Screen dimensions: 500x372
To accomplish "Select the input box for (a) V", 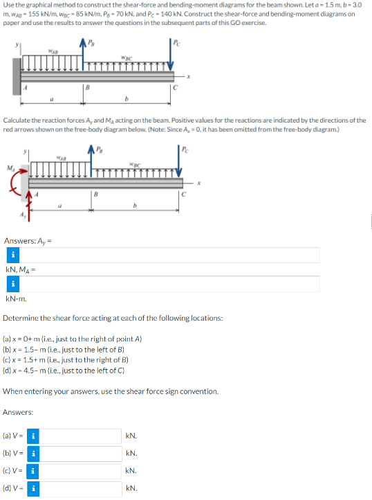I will pyautogui.click(x=82, y=436).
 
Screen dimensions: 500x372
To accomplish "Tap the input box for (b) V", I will pyautogui.click(x=82, y=454).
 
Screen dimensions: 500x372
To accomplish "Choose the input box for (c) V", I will pyautogui.click(x=82, y=471).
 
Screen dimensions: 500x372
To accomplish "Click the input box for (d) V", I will pyautogui.click(x=82, y=488).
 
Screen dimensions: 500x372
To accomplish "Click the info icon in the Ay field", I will pyautogui.click(x=12, y=256).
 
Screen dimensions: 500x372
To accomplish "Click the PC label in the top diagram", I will pyautogui.click(x=180, y=40).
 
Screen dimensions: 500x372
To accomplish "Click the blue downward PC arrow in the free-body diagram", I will pyautogui.click(x=182, y=166).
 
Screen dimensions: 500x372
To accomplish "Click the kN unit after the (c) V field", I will pyautogui.click(x=131, y=471).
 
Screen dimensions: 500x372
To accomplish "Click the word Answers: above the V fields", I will pyautogui.click(x=19, y=412).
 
